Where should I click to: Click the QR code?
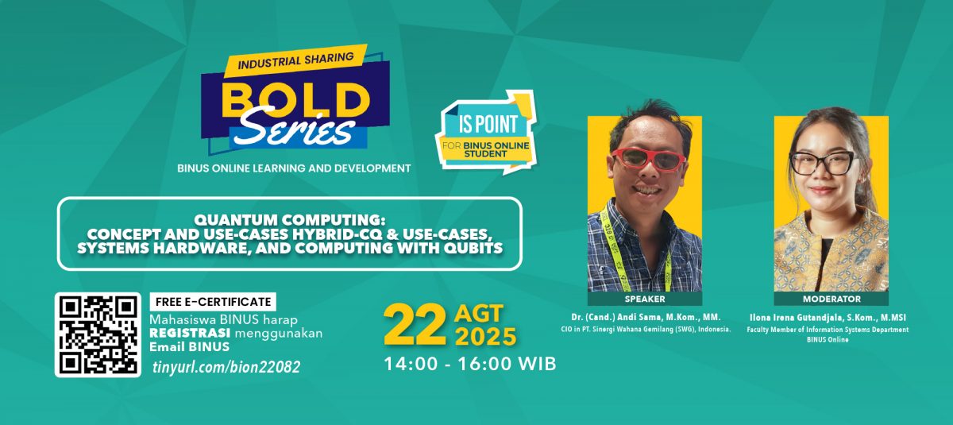click(98, 334)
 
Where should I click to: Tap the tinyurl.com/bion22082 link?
click(226, 367)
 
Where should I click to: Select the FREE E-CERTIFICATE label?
click(213, 302)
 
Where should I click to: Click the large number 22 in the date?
click(415, 326)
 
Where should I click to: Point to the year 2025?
click(486, 337)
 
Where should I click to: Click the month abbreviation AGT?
click(479, 314)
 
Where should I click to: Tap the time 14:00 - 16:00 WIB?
click(470, 364)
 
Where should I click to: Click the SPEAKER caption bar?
click(645, 299)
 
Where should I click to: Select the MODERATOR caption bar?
click(831, 299)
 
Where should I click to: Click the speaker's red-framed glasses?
click(648, 159)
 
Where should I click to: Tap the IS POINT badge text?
click(488, 124)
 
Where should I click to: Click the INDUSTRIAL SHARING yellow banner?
click(295, 60)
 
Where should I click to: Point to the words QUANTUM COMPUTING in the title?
click(289, 220)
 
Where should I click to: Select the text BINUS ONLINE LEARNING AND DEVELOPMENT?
click(294, 168)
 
